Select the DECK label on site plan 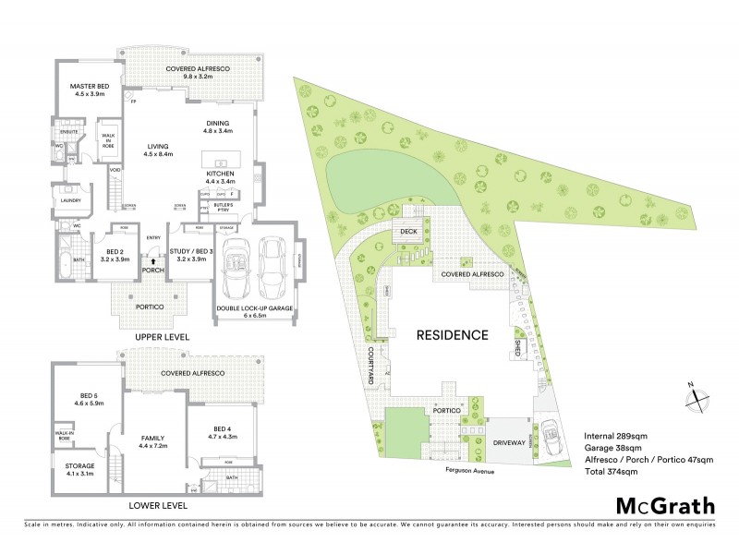407,232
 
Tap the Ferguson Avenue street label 466,469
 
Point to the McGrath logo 664,505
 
